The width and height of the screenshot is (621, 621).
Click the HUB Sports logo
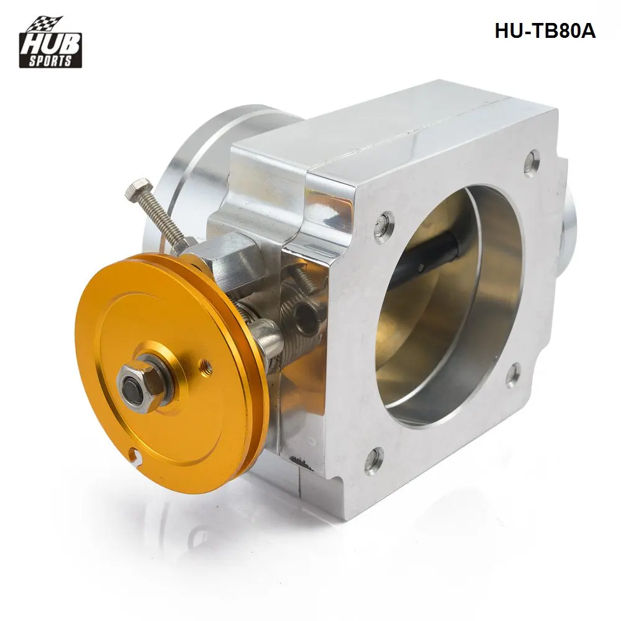tap(50, 42)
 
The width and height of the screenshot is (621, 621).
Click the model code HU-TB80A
tap(545, 31)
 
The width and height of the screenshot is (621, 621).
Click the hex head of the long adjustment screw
tap(138, 189)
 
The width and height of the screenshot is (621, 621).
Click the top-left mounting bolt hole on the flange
tap(385, 224)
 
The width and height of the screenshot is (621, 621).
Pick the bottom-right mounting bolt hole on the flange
tap(514, 373)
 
